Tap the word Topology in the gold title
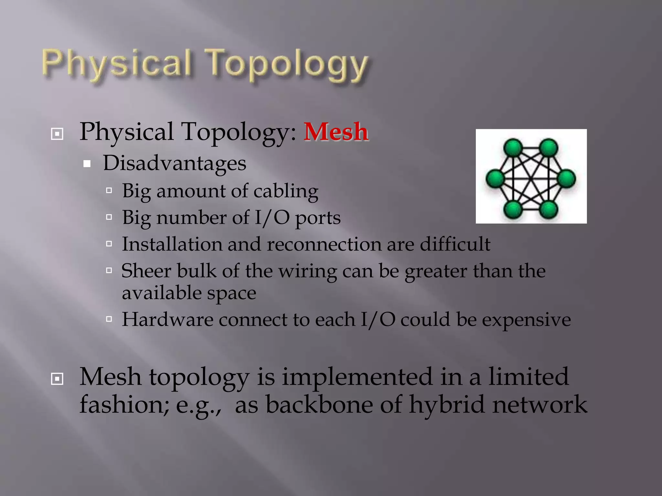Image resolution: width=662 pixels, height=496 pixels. click(x=287, y=65)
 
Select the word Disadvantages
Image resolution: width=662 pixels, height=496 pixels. click(x=175, y=163)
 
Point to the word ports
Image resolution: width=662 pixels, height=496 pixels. click(x=318, y=218)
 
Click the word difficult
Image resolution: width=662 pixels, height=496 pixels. click(x=455, y=244)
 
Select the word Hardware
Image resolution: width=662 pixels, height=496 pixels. click(x=167, y=320)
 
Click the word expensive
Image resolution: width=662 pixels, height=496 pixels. click(x=526, y=320)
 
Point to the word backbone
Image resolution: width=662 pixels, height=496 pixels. click(x=319, y=405)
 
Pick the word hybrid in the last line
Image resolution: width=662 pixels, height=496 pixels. click(x=447, y=405)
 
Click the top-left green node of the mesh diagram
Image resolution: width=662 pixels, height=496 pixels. click(x=513, y=148)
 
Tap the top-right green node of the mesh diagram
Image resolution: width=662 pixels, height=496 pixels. click(x=549, y=148)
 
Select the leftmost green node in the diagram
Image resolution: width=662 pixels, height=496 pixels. click(x=495, y=179)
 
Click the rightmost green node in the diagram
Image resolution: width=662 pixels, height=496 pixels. click(x=567, y=179)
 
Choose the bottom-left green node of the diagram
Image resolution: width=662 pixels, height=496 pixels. click(x=513, y=209)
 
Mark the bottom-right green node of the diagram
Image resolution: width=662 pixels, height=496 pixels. click(x=549, y=209)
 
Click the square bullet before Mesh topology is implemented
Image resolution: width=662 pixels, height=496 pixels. click(x=57, y=379)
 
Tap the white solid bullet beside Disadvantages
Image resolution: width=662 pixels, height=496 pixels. click(x=87, y=164)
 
